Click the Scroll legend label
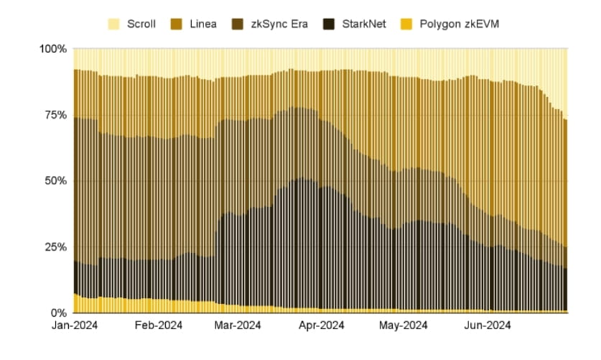tap(141, 24)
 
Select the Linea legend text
tap(203, 24)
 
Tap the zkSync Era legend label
tap(279, 24)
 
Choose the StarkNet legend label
tap(364, 24)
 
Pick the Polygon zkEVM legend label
tap(460, 24)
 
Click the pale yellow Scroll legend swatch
tap(114, 24)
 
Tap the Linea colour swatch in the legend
tap(177, 24)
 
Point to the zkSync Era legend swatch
tap(238, 24)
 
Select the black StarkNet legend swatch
tap(329, 24)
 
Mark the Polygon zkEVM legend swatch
tap(406, 24)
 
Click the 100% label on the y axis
tap(53, 49)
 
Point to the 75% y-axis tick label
tap(56, 115)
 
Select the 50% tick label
tap(56, 181)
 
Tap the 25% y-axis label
tap(56, 247)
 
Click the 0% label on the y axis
tap(59, 313)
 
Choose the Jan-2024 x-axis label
tap(75, 326)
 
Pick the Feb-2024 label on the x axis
tap(159, 326)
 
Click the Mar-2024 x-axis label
tap(238, 326)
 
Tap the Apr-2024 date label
tap(322, 326)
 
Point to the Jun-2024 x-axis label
tap(488, 326)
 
